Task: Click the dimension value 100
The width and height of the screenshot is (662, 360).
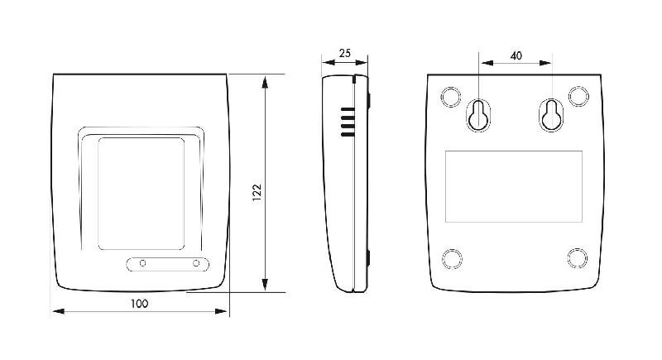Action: (139, 304)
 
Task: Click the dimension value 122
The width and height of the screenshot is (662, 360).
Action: (257, 191)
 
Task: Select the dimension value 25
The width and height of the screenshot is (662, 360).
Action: (344, 53)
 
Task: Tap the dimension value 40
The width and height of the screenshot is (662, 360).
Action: (516, 55)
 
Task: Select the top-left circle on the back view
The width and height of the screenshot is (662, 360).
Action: (451, 97)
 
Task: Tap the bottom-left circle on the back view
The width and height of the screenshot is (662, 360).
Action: (451, 258)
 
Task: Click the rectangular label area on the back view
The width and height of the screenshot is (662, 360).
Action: (514, 186)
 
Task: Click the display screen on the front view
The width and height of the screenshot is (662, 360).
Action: (142, 194)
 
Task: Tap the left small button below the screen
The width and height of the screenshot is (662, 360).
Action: (143, 263)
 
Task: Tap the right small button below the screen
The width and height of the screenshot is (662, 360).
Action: (197, 263)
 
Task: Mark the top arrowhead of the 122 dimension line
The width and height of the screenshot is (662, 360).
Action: (265, 81)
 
